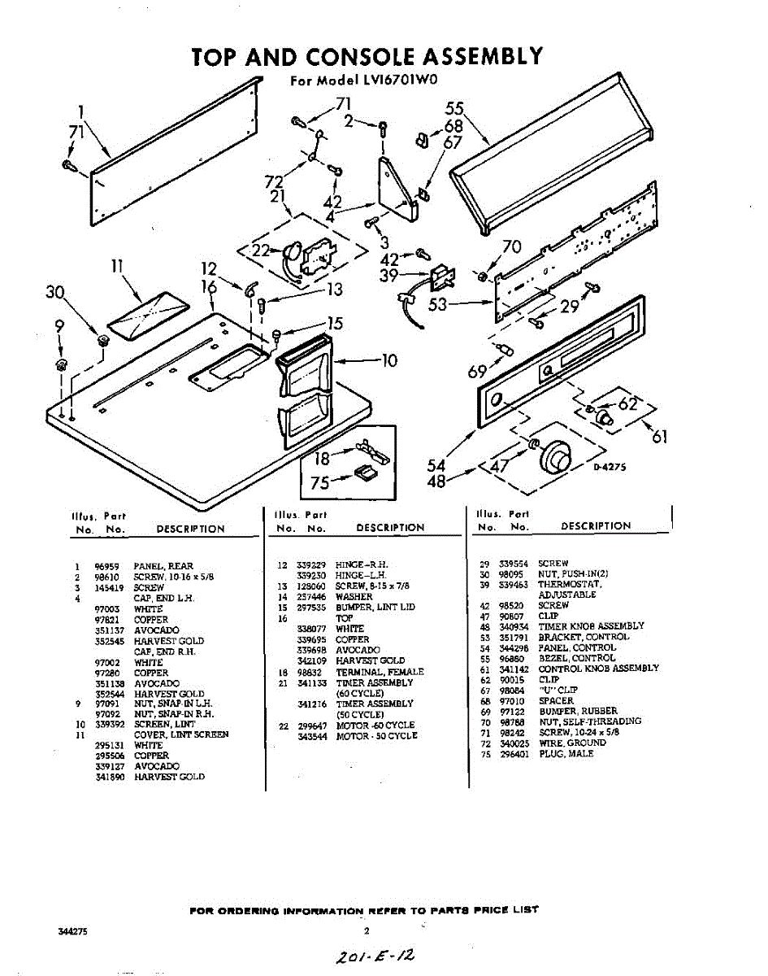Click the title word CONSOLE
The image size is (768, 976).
click(x=359, y=56)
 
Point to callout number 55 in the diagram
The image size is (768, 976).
click(x=454, y=109)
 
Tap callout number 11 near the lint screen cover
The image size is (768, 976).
click(x=117, y=265)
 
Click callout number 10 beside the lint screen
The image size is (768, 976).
click(x=389, y=359)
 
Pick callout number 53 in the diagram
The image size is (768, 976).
click(x=438, y=305)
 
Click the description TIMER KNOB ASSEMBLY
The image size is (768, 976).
click(x=591, y=626)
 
